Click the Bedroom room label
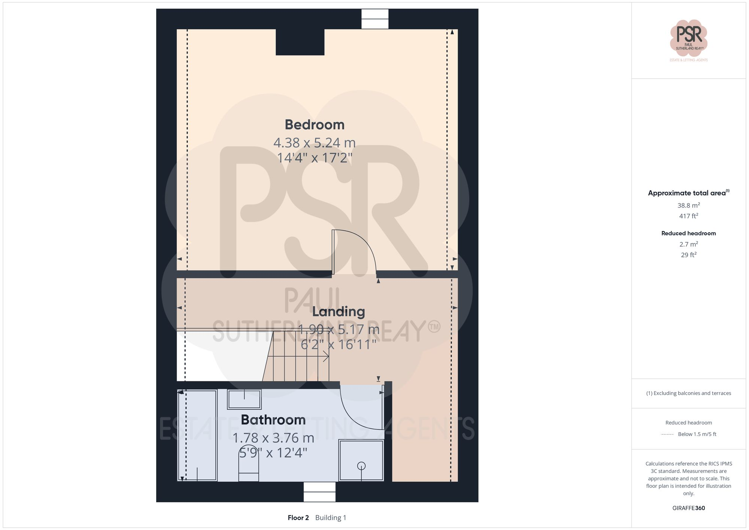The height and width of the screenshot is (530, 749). (x=315, y=125)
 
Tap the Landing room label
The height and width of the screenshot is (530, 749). (x=339, y=312)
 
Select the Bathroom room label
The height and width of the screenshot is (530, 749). (x=273, y=420)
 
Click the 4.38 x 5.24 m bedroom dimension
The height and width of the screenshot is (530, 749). (x=315, y=143)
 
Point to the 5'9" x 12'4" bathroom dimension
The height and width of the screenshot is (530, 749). (x=273, y=453)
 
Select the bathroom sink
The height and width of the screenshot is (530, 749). (x=245, y=399)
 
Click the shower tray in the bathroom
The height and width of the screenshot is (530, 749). (x=361, y=460)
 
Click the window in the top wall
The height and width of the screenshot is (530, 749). (x=375, y=19)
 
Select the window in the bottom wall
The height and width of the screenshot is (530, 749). (x=319, y=492)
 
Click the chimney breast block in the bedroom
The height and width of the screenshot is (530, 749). (x=300, y=42)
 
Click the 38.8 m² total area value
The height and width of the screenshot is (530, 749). (x=688, y=205)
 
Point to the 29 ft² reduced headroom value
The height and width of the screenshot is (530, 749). (x=688, y=255)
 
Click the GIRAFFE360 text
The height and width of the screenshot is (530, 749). (x=688, y=508)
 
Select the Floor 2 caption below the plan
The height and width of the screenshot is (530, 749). (x=298, y=518)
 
